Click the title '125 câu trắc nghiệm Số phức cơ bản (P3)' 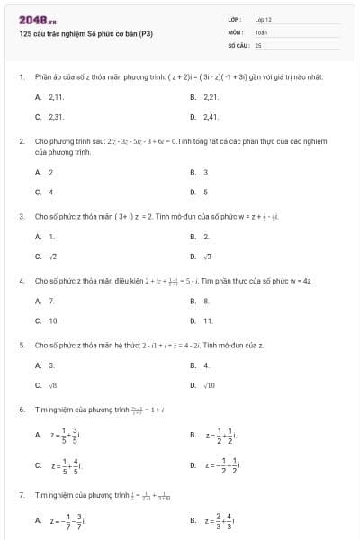85,34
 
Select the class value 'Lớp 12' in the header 263,19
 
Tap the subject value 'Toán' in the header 261,31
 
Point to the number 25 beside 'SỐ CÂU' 258,43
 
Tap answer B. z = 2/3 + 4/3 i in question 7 215,519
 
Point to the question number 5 21,345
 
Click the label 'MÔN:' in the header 236,31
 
